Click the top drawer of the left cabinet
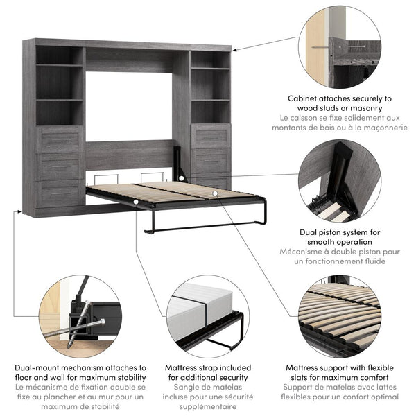pyautogui.click(x=60, y=139)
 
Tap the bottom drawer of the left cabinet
pyautogui.click(x=60, y=193)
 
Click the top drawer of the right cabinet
pyautogui.click(x=211, y=136)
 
